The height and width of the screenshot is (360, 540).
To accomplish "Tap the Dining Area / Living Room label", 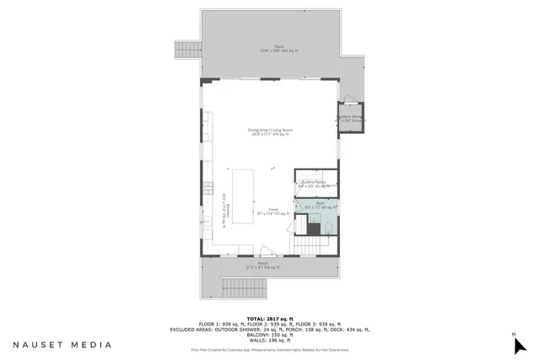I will [270, 132].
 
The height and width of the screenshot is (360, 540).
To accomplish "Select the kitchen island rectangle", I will [243, 196].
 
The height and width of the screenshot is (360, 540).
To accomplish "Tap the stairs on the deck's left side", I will [185, 51].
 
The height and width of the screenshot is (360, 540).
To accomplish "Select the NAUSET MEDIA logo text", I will [62, 344].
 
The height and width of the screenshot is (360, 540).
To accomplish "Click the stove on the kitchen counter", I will [206, 186].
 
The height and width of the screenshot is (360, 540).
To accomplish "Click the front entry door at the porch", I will [266, 250].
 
